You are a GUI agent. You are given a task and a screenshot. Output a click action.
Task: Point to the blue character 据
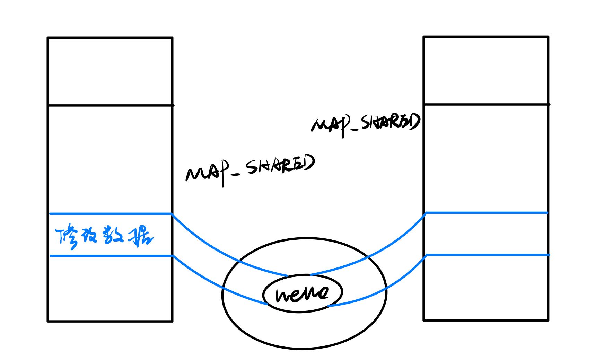[x=140, y=237]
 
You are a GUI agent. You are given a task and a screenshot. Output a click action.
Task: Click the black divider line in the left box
[x=110, y=105]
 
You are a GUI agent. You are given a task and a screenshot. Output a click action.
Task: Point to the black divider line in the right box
[x=486, y=104]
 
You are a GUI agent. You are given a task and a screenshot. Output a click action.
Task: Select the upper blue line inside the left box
[x=110, y=214]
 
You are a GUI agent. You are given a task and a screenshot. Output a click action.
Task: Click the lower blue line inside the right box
[x=487, y=255]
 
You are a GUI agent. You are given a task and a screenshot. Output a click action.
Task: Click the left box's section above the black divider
[x=110, y=71]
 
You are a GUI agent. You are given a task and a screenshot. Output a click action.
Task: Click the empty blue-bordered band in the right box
[x=487, y=234]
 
